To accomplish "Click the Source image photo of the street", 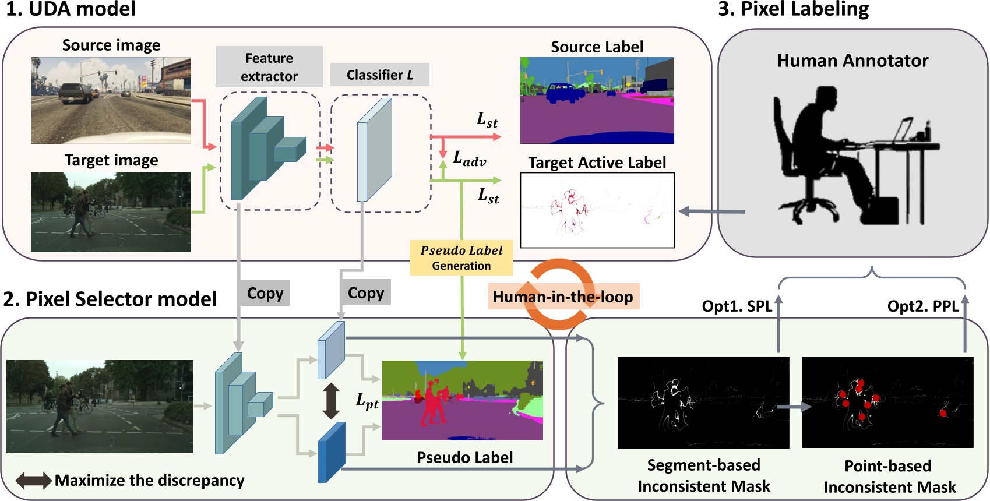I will (111, 100).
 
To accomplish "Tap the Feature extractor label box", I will (269, 67).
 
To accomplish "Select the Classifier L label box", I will (379, 75).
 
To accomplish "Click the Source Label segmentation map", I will (597, 100).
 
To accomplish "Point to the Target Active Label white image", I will (597, 210).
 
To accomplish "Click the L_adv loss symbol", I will (469, 158).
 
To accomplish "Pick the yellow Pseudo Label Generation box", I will (461, 257).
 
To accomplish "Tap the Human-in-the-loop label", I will (563, 297).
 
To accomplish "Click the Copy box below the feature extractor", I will (265, 293).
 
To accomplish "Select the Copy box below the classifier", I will (365, 293).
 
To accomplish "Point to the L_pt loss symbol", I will (367, 401).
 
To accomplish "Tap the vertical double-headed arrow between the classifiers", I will (331, 401).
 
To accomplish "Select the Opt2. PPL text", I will (922, 306).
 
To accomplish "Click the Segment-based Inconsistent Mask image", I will (703, 403).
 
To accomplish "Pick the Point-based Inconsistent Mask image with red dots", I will (887, 403).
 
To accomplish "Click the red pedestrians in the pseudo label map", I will (431, 402).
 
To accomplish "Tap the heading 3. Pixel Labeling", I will (793, 9).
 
